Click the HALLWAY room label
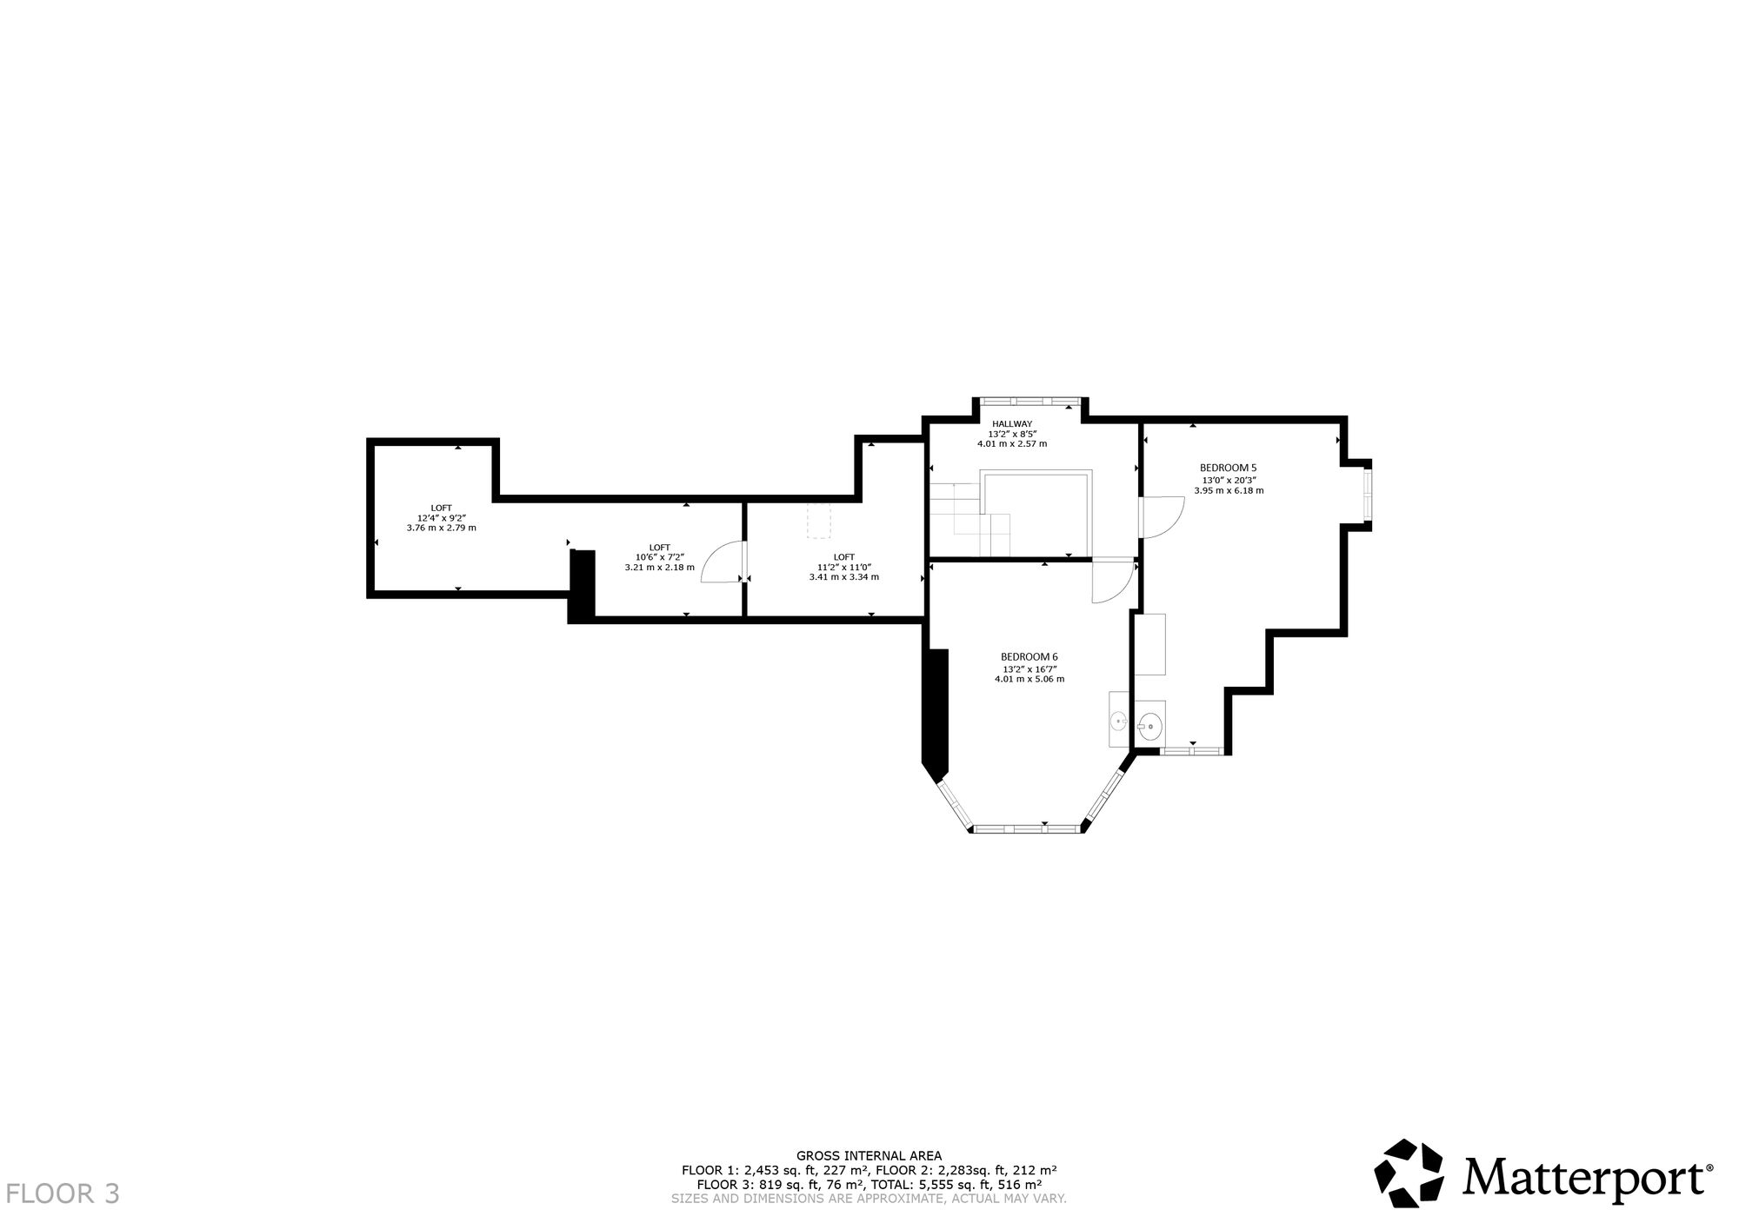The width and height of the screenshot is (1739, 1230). tap(1012, 423)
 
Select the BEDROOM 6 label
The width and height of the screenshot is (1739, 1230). tap(1029, 656)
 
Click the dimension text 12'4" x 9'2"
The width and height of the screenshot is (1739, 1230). tap(441, 518)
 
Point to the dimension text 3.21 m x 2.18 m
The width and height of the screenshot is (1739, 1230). tap(659, 568)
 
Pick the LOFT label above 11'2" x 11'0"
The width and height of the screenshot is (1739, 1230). tap(843, 557)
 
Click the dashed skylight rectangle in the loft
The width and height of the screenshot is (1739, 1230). tap(819, 520)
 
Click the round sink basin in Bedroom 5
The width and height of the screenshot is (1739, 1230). tap(1149, 724)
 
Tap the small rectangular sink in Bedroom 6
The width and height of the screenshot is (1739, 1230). tap(1118, 721)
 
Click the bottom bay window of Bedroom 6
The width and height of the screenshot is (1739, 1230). tap(1027, 828)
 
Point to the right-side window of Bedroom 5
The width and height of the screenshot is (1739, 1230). tap(1367, 494)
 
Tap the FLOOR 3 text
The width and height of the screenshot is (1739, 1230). tap(63, 1193)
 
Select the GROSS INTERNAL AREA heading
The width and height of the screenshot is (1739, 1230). tap(869, 1155)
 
